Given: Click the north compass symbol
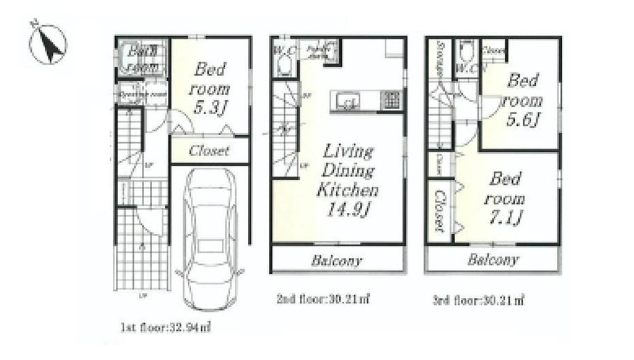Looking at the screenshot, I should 48,44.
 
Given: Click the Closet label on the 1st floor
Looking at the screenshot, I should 209,151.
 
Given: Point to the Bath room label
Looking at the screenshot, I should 143,58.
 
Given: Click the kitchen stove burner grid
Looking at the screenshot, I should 390,100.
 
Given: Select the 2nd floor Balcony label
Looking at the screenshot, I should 337,260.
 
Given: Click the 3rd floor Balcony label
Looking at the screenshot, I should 493,259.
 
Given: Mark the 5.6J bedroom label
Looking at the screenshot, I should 523,100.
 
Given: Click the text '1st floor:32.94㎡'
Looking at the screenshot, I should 165,328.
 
